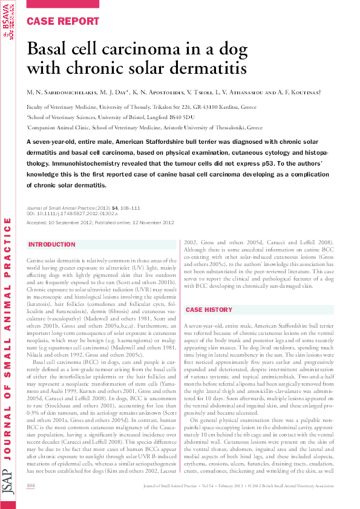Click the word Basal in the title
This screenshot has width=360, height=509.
coord(52,49)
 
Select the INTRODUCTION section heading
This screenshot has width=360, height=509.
coord(53,245)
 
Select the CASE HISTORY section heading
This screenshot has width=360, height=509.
coord(209,310)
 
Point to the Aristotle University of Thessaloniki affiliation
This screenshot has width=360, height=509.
coord(145,128)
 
